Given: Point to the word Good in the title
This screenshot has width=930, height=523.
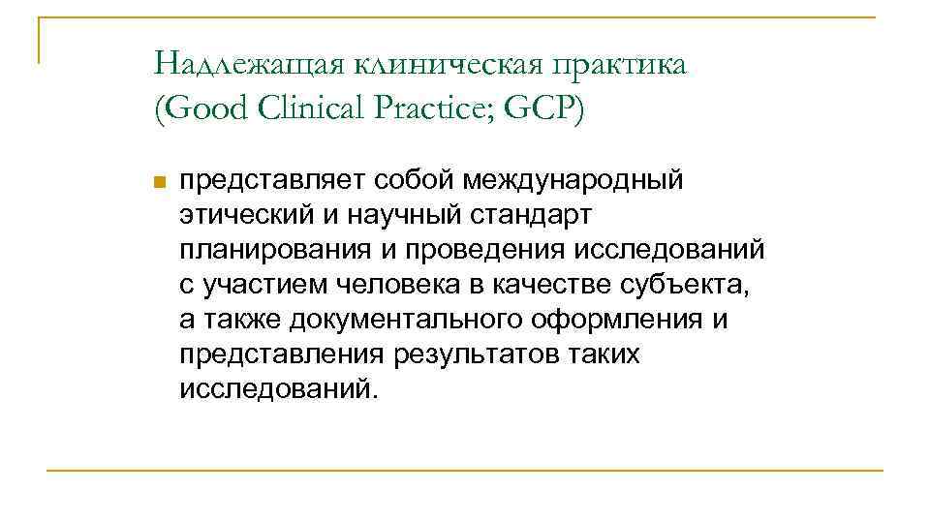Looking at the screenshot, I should coord(205,108).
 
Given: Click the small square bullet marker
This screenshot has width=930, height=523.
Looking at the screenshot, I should coord(160,182).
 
